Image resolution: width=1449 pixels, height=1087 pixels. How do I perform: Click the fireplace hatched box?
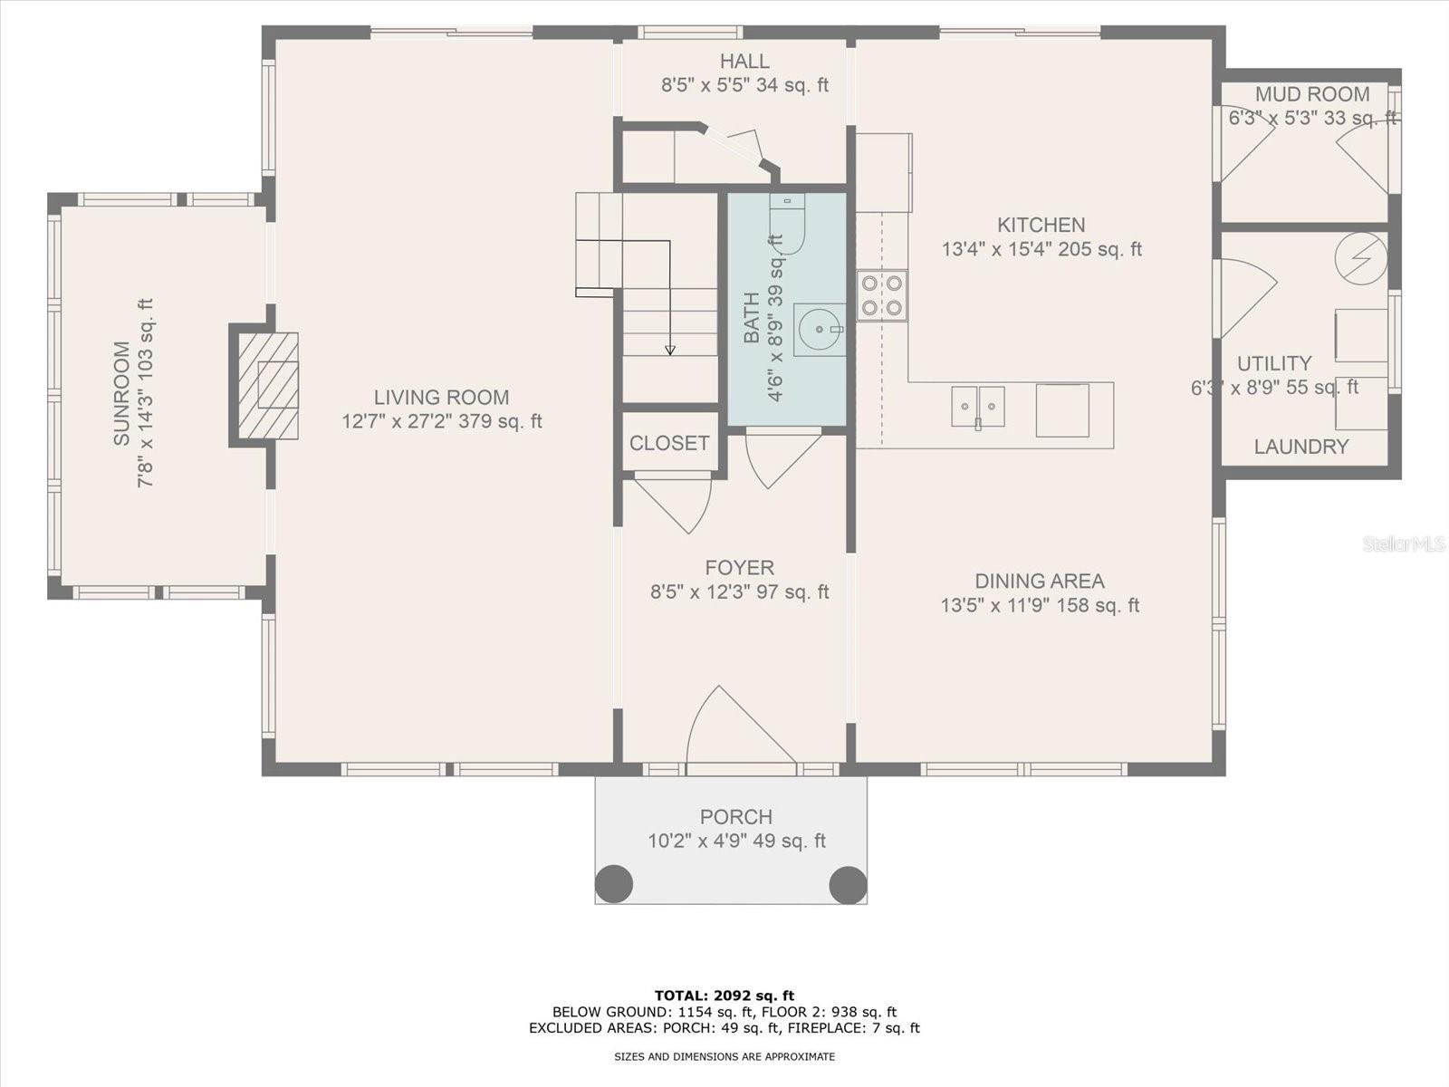click(x=268, y=386)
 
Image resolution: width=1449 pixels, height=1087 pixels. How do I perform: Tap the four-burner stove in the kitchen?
click(x=882, y=295)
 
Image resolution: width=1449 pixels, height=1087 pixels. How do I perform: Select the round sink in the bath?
click(x=820, y=330)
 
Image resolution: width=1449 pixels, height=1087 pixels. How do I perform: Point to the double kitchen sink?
click(x=978, y=407)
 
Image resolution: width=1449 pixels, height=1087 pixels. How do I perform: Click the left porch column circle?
click(x=614, y=884)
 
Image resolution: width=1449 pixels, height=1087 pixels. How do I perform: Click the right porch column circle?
click(x=848, y=884)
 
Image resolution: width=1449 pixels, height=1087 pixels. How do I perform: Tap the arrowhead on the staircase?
click(x=670, y=350)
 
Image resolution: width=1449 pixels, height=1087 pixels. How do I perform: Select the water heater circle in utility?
click(x=1361, y=258)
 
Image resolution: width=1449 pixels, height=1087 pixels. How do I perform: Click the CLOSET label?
click(x=669, y=443)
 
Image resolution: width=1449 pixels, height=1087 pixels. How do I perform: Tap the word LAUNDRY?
click(x=1301, y=447)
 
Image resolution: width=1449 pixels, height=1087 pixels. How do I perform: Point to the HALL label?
click(x=744, y=62)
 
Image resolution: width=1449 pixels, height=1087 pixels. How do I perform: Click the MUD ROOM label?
click(x=1312, y=94)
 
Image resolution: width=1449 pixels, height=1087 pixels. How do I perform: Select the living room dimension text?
click(x=442, y=421)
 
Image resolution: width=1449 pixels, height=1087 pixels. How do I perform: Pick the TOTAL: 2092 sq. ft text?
click(x=724, y=996)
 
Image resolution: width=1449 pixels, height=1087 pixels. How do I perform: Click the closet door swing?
click(x=673, y=503)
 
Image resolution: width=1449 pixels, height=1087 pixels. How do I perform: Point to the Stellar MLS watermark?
click(x=1404, y=543)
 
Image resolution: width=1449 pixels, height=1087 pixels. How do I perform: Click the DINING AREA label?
click(x=1040, y=582)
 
